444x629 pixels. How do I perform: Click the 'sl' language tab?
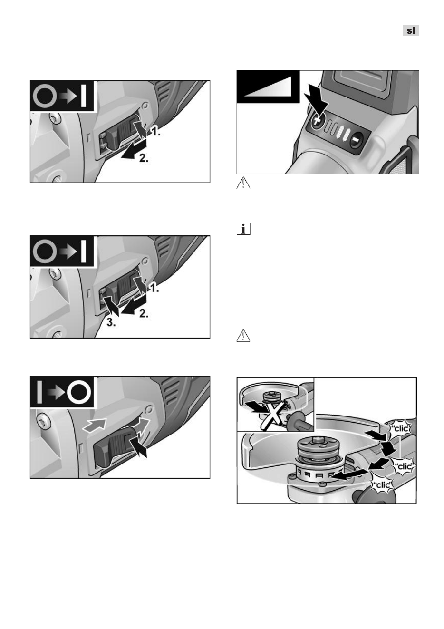click(x=411, y=30)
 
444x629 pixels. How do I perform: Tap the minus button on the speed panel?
click(x=356, y=139)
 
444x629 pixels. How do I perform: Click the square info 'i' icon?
click(x=243, y=229)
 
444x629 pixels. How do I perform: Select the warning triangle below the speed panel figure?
click(x=243, y=183)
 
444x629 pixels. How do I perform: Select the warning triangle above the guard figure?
click(x=243, y=336)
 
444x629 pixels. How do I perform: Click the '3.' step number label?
click(x=111, y=323)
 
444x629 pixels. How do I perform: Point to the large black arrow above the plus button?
click(x=316, y=100)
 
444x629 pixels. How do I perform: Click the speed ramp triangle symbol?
click(x=268, y=86)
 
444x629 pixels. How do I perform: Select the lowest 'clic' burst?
click(x=381, y=485)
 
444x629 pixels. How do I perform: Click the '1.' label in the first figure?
click(x=155, y=132)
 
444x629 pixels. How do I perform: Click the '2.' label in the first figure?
click(x=144, y=158)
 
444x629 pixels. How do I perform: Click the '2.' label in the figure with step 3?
click(x=144, y=313)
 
